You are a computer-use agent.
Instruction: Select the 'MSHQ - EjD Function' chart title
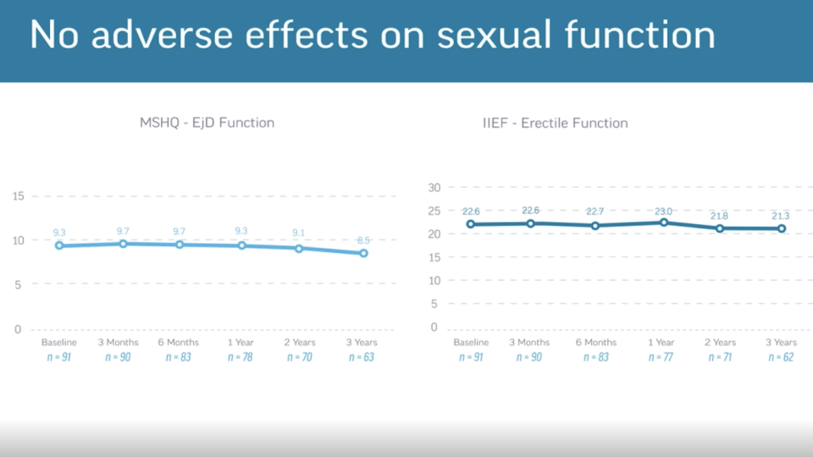(207, 123)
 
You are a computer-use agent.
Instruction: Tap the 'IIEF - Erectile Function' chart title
(556, 123)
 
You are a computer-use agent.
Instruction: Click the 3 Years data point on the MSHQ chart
(363, 253)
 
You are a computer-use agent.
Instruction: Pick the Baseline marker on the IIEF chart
(471, 224)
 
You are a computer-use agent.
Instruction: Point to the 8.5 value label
(362, 240)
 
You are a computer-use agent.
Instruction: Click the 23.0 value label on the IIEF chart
(662, 212)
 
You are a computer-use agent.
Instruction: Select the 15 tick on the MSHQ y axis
(17, 196)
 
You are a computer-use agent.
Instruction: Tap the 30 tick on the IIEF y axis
(434, 187)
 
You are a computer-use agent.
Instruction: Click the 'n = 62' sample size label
(781, 357)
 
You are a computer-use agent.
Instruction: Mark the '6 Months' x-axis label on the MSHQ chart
(179, 343)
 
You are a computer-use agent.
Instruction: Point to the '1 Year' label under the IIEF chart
(661, 343)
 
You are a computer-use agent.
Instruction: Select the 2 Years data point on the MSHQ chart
(299, 249)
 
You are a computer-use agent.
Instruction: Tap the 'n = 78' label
(241, 357)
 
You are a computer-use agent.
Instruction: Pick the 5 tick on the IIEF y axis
(434, 304)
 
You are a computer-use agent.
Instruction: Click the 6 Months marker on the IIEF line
(595, 226)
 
